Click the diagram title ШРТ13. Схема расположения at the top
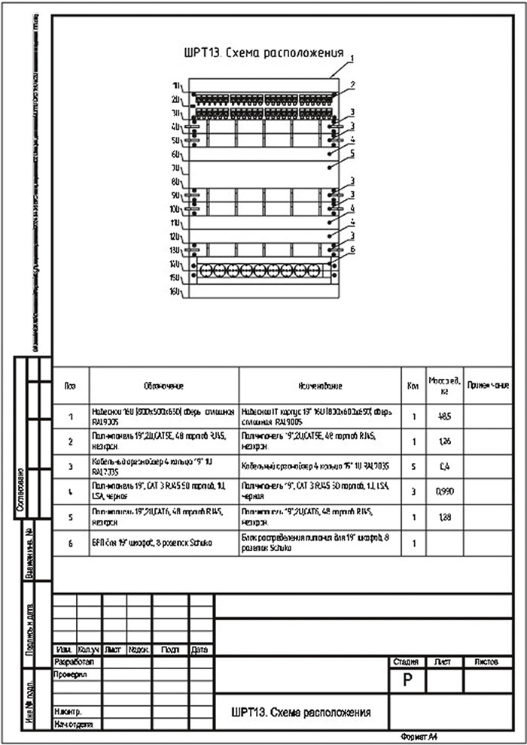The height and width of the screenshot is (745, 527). point(263,53)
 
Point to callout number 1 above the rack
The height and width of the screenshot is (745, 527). point(351,58)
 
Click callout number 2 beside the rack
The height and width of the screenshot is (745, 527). point(351,85)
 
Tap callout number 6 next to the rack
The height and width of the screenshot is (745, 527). point(351,250)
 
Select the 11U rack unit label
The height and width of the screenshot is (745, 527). point(177,223)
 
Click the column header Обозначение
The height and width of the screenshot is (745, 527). point(164,386)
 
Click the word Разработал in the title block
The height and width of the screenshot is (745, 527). point(74,662)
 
